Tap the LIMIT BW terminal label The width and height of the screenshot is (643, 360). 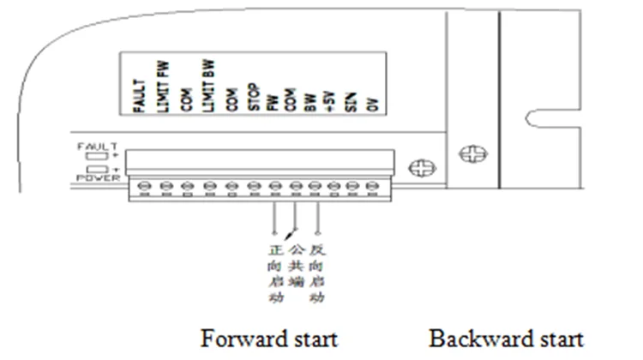coord(209,86)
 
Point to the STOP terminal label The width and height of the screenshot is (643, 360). coord(253,98)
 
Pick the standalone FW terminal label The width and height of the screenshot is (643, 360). coord(274,103)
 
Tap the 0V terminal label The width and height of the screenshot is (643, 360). coord(372,104)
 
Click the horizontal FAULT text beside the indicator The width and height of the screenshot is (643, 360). coord(95,147)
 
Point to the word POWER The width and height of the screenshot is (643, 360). coord(95,177)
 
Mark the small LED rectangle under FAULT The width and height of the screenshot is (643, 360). coord(94,157)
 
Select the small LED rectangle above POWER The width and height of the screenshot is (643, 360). coord(94,170)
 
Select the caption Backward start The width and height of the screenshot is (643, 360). coord(507,337)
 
